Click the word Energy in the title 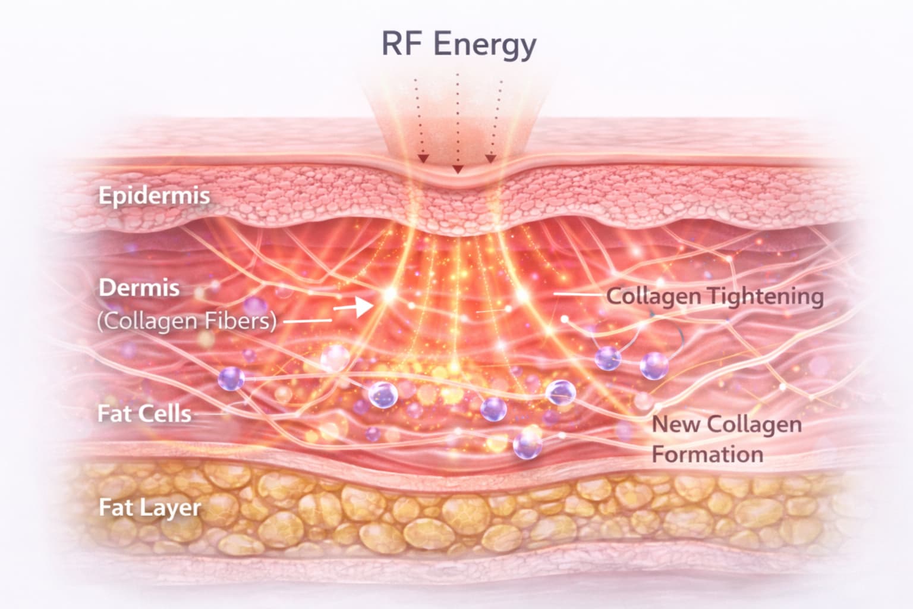point(484,45)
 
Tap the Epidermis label point(154,196)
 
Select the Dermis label point(139,288)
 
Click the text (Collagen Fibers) point(187,321)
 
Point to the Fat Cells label point(144,414)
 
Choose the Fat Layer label point(149,508)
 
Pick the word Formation point(707,454)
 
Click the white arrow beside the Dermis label point(353,307)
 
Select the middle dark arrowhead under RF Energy point(457,169)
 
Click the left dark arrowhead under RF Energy point(423,159)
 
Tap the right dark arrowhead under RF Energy point(490,159)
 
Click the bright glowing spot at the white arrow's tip point(389,294)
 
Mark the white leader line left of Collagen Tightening point(577,294)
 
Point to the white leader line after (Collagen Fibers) point(307,321)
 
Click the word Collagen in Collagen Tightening point(653,296)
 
